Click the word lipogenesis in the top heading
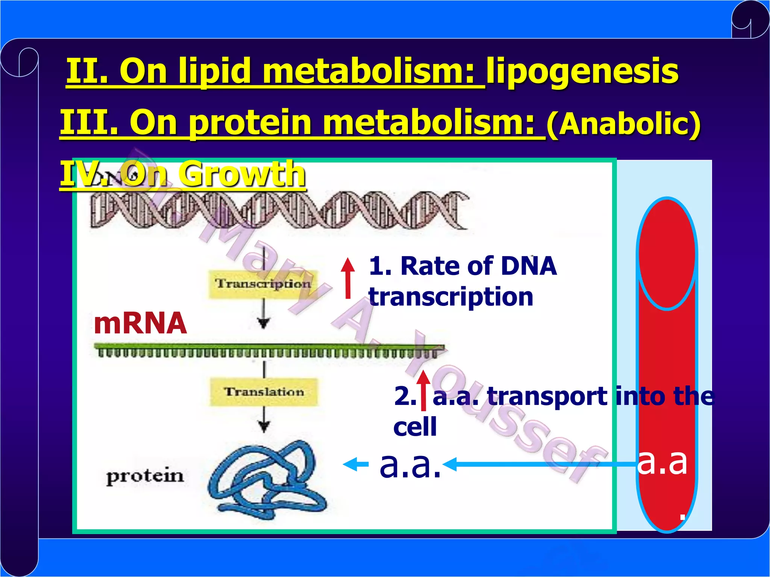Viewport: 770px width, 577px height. (x=582, y=71)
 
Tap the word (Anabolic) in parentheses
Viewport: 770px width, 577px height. (x=623, y=124)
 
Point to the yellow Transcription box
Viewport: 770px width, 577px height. (x=263, y=284)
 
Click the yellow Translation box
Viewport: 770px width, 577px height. (x=264, y=392)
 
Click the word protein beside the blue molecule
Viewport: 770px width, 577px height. (x=145, y=476)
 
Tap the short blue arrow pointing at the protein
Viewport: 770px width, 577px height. (x=355, y=465)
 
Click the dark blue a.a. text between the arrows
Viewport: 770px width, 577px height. (x=410, y=465)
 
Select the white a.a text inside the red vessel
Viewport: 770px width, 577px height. (x=662, y=462)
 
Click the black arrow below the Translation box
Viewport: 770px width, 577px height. (x=264, y=420)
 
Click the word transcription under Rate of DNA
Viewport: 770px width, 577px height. (x=450, y=297)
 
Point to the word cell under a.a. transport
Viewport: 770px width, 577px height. (x=415, y=427)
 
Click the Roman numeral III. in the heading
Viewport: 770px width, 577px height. (x=89, y=122)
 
